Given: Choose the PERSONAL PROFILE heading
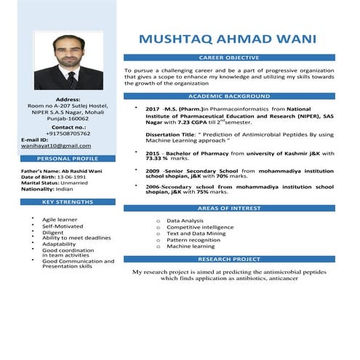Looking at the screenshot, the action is [x=68, y=158].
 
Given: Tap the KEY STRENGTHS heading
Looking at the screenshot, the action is [x=68, y=201].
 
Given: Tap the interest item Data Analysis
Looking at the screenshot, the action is [x=185, y=220].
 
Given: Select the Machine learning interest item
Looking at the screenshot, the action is [x=190, y=247].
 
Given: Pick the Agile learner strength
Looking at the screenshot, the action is [x=60, y=219].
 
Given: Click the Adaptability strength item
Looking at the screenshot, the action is [x=59, y=244].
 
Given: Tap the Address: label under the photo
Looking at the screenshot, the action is [x=68, y=99].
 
